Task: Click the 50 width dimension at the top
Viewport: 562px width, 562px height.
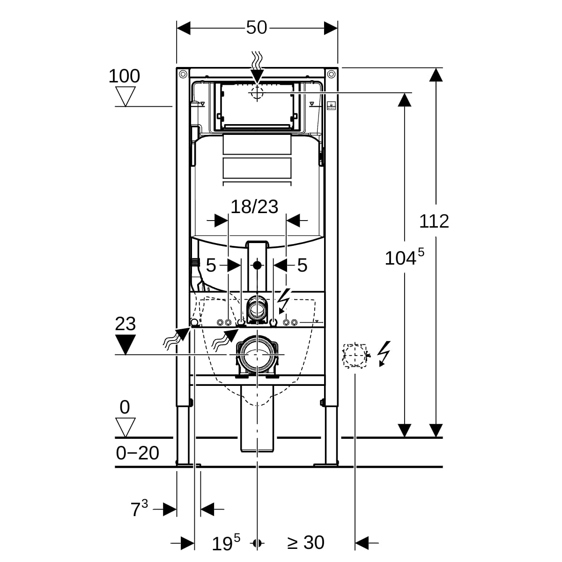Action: pos(256,28)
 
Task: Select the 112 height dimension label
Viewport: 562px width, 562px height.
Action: pos(434,222)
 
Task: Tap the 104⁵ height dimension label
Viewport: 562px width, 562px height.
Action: pos(405,257)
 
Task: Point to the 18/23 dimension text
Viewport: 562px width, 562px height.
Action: pos(254,207)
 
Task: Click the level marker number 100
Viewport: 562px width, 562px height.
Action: pos(124,76)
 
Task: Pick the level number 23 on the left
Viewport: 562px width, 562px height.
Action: pos(126,324)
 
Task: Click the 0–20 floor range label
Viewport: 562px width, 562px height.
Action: pos(137,453)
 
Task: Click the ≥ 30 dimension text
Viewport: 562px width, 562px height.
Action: pos(306,542)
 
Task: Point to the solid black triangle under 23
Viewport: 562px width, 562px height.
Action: pos(126,344)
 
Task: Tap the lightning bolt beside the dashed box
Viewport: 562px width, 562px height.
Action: pos(384,354)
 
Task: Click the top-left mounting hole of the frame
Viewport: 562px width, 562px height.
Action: pos(183,74)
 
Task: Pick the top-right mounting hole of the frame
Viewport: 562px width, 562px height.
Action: pos(331,74)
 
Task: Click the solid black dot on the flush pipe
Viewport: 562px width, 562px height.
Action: pos(257,265)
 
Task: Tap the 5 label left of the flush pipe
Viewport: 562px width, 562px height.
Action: pos(211,266)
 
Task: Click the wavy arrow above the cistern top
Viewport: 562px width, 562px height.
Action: pos(257,67)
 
